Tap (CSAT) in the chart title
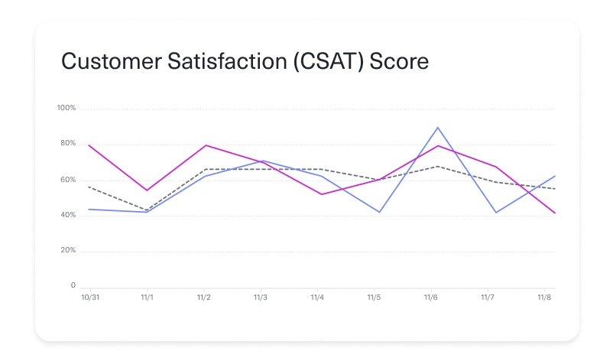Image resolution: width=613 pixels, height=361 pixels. [316, 61]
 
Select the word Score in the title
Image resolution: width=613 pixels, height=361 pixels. [399, 61]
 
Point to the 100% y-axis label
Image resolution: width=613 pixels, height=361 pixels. [66, 108]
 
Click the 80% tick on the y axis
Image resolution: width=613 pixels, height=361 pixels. [67, 144]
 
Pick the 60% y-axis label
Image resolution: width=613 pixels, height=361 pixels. [67, 180]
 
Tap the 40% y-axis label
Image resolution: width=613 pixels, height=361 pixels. [67, 216]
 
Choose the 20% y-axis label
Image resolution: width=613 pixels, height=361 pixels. [67, 251]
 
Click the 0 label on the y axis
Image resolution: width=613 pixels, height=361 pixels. [73, 287]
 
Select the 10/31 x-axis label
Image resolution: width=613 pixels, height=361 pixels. [90, 298]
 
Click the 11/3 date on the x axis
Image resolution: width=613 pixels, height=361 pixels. [261, 298]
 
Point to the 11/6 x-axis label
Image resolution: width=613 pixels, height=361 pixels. [430, 298]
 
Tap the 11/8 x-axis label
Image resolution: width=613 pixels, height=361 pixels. [544, 298]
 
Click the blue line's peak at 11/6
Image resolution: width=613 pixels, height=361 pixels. [437, 128]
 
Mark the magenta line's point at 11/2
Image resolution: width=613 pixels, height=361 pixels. [204, 145]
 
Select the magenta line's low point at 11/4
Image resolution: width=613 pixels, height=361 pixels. [321, 194]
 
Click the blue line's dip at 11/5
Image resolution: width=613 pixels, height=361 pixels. [380, 212]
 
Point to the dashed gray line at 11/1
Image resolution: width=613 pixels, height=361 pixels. [147, 210]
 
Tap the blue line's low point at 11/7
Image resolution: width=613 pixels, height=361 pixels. [497, 213]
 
